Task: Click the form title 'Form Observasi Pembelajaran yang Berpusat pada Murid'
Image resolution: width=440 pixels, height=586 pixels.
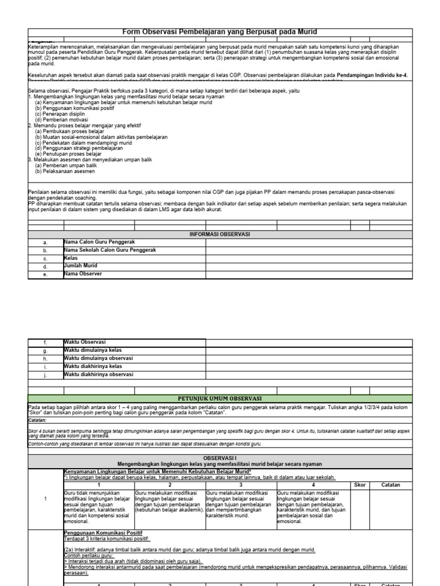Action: point(219,32)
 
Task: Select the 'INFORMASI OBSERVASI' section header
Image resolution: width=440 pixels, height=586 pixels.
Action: point(219,234)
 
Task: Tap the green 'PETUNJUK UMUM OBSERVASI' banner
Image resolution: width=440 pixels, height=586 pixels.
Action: point(219,398)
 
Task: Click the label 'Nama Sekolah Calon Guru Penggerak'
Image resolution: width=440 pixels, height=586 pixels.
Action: point(109,250)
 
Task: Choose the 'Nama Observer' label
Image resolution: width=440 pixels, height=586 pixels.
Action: point(83,274)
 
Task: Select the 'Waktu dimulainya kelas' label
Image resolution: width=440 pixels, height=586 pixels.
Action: point(93,350)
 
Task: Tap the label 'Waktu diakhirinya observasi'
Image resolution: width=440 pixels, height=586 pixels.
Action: point(99,374)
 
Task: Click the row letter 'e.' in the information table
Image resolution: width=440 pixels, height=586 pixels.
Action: point(45,275)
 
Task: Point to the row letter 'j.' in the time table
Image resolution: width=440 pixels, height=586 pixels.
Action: point(45,375)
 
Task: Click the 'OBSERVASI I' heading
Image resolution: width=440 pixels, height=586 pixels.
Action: point(219,457)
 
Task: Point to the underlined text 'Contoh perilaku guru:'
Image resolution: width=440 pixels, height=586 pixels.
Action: point(88,555)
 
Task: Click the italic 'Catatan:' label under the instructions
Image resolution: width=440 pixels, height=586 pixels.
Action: point(38,419)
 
